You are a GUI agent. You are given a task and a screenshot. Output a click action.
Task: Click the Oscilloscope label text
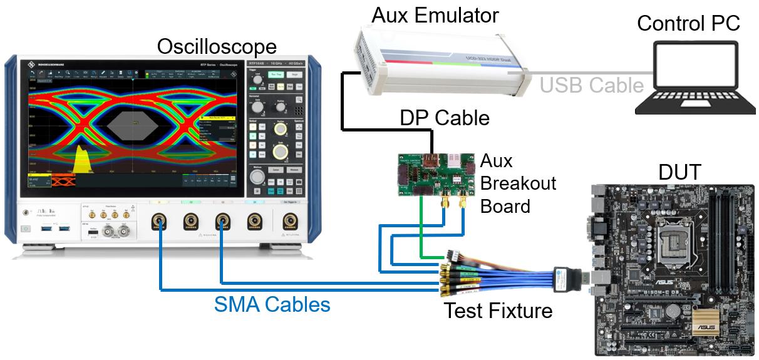click(x=217, y=46)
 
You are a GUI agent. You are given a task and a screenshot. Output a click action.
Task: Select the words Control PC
click(x=689, y=24)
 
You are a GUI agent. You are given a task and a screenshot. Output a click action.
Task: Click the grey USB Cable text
click(x=591, y=85)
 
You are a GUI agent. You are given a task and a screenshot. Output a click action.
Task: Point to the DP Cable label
click(x=445, y=118)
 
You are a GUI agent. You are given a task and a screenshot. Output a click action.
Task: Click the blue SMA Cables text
click(x=272, y=304)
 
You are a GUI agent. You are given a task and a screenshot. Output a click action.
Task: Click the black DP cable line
click(x=343, y=100)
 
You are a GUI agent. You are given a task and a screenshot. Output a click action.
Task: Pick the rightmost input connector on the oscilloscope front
click(x=289, y=221)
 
